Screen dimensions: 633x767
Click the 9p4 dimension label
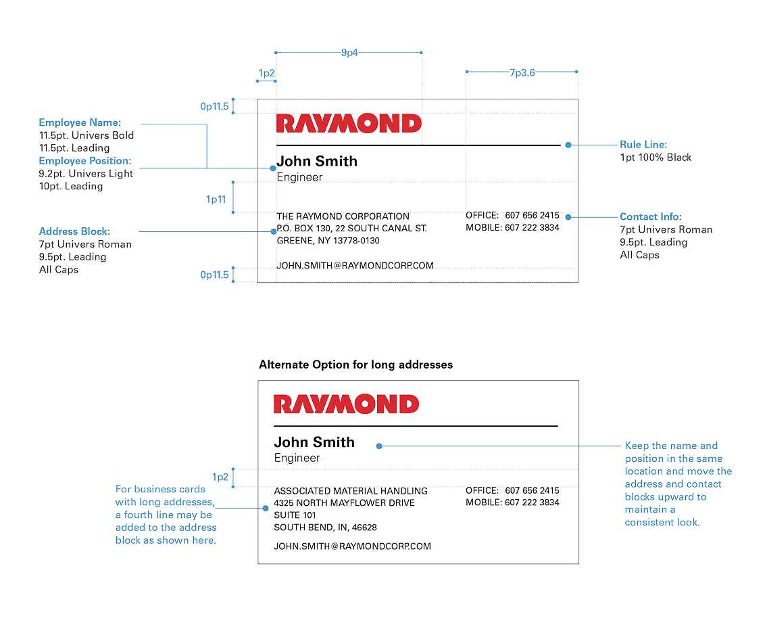(x=349, y=53)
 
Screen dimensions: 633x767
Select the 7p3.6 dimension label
(x=522, y=72)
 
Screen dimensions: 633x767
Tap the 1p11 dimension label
(x=216, y=200)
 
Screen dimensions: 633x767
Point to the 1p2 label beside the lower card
(x=220, y=477)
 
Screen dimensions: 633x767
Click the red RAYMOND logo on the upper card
(x=349, y=123)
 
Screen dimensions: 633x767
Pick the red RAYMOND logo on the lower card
(x=346, y=404)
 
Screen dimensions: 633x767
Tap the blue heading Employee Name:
(x=80, y=122)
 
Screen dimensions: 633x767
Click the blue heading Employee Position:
(x=85, y=161)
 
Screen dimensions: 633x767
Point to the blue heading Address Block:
(x=74, y=231)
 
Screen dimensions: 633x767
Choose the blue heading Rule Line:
(x=643, y=145)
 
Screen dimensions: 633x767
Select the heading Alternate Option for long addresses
(x=355, y=365)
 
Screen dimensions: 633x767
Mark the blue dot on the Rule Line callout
(x=568, y=145)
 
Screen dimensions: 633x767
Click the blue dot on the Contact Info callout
(x=568, y=216)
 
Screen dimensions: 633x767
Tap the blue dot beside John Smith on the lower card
(x=379, y=446)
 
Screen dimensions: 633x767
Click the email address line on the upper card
(x=355, y=265)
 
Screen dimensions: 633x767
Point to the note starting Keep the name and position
(x=678, y=484)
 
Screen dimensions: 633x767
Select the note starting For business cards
(x=166, y=514)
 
